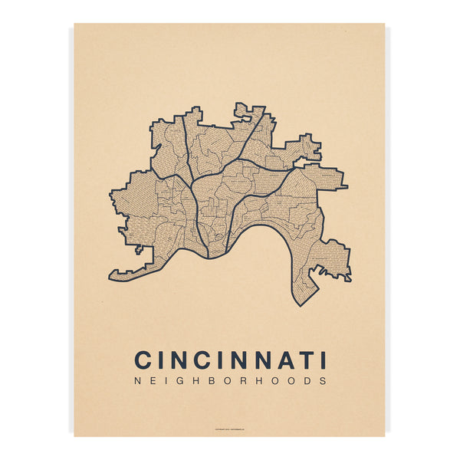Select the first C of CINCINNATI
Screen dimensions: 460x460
coord(143,360)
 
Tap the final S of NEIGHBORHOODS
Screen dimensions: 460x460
coord(323,380)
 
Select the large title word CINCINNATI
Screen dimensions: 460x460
coord(230,360)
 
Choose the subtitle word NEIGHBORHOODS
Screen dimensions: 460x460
coord(230,380)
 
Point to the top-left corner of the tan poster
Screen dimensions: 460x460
coord(75,24)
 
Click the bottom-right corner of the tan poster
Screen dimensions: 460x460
coord(385,435)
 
